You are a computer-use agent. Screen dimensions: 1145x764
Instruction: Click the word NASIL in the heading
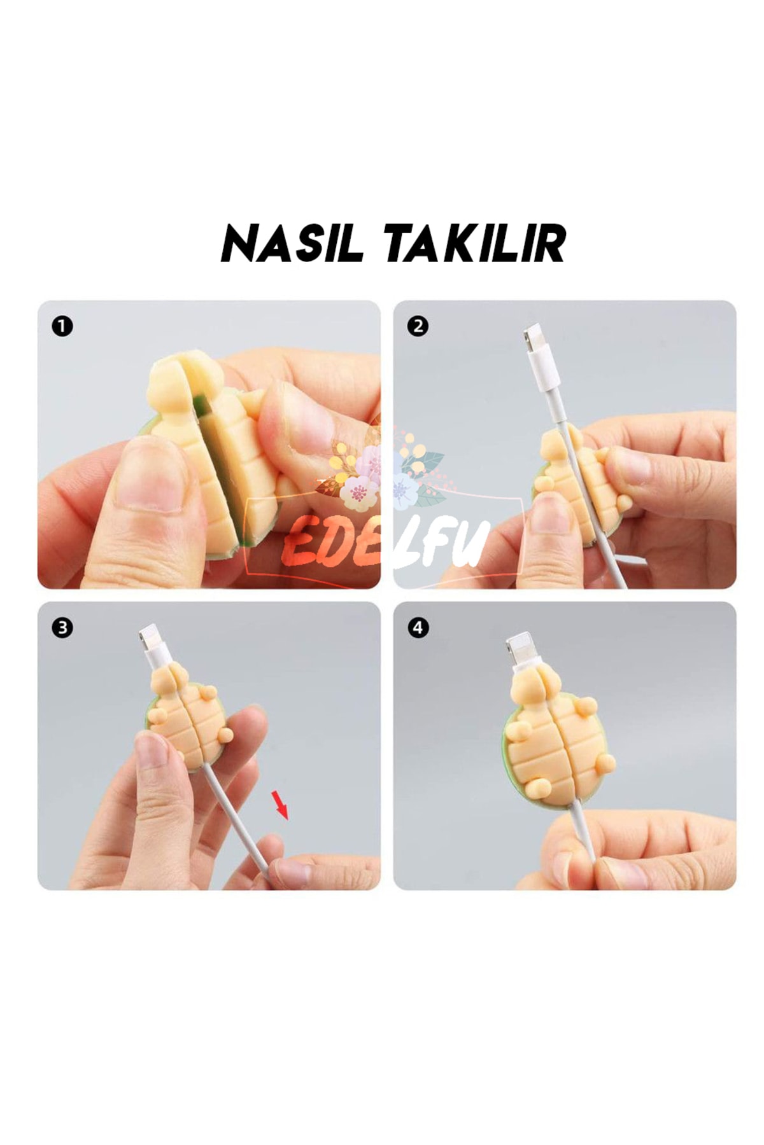pyautogui.click(x=292, y=244)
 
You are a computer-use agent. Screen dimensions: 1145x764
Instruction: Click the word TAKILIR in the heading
pyautogui.click(x=474, y=244)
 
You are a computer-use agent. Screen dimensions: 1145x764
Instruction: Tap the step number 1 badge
pyautogui.click(x=62, y=327)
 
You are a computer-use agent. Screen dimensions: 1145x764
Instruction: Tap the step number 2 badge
pyautogui.click(x=418, y=327)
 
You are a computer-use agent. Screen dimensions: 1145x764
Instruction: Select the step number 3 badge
pyautogui.click(x=62, y=628)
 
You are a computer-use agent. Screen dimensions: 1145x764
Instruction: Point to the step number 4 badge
pyautogui.click(x=418, y=628)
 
